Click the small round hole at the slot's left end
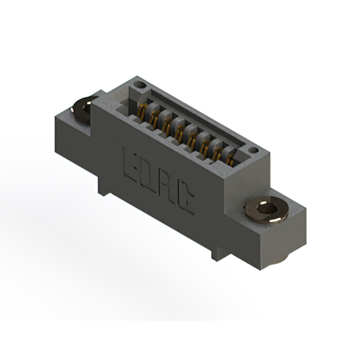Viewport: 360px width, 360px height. coord(141,85)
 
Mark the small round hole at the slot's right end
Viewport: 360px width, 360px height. coord(253,151)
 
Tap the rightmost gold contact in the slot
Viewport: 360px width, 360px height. coord(231,159)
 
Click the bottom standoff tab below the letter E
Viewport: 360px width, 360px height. coord(102,186)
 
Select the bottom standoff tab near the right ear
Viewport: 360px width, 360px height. coord(219,253)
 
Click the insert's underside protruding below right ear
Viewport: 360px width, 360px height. coord(280,258)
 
